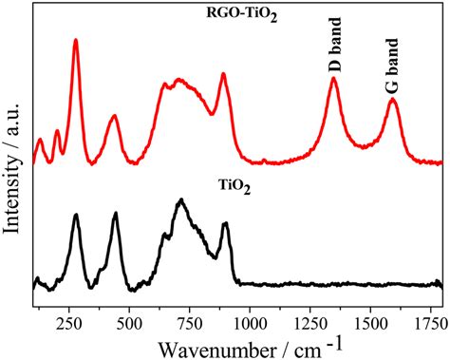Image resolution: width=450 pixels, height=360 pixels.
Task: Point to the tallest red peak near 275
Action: tap(76, 41)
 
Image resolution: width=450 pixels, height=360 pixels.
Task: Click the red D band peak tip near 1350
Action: tap(333, 79)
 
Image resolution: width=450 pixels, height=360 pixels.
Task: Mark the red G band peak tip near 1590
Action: tap(392, 100)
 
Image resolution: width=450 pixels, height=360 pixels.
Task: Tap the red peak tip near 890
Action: tap(223, 74)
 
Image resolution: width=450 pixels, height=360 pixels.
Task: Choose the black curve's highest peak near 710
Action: tap(180, 200)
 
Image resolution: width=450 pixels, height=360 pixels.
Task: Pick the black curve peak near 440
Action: tap(116, 214)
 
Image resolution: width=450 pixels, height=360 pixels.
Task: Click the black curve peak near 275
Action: tap(76, 216)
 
